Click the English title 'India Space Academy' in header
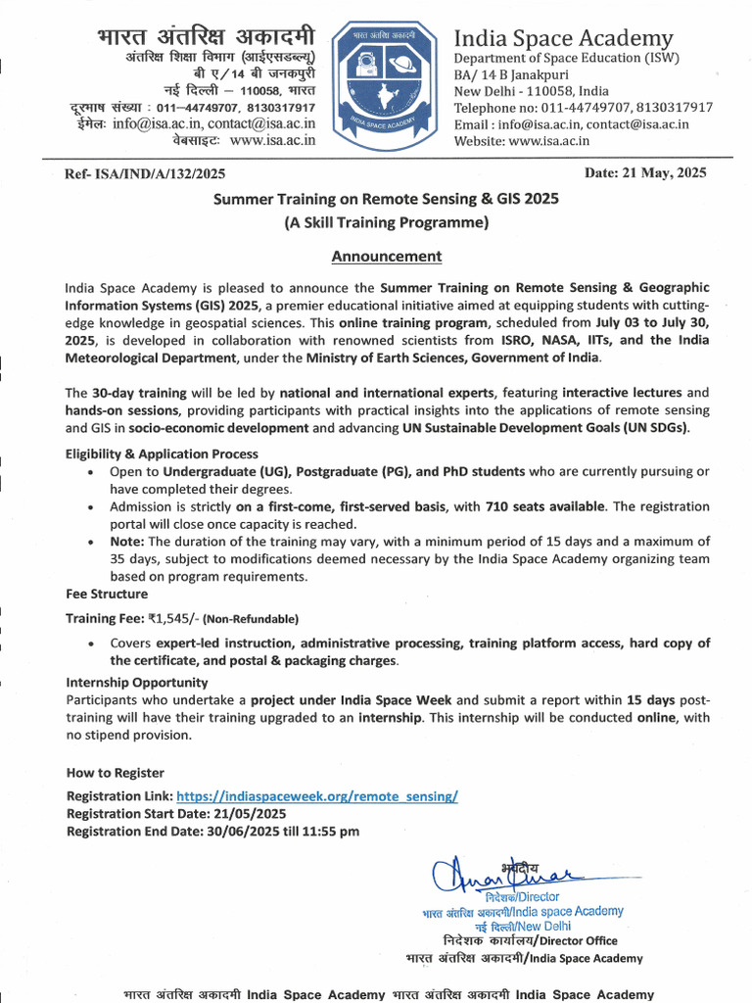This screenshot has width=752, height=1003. coord(563,38)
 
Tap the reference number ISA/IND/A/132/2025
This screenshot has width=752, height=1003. coord(145,174)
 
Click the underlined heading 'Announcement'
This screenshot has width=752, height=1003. coord(386,257)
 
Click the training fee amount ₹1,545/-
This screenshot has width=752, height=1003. coord(172,618)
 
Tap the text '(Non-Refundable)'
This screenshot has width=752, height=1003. coord(251,619)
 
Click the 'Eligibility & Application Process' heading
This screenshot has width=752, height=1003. coord(162,454)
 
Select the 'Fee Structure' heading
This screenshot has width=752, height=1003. coord(107,594)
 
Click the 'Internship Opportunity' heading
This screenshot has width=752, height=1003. coord(136,682)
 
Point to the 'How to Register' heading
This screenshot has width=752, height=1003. coord(115,773)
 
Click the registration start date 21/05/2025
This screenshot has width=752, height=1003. coord(246,814)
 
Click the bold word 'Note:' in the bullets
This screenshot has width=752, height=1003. coord(127,541)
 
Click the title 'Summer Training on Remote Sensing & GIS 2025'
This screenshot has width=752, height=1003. coord(386,199)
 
